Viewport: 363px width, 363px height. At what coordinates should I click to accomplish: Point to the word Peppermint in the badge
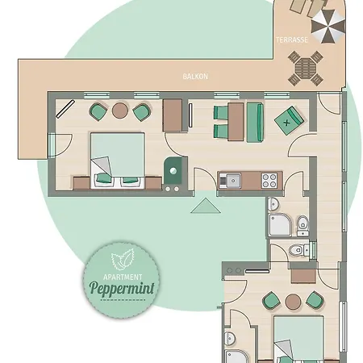[122, 287]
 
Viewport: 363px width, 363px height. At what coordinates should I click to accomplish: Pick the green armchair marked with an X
[289, 121]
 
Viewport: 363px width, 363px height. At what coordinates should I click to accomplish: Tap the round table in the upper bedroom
[120, 111]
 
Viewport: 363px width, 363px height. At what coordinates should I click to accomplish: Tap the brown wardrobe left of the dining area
[174, 115]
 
